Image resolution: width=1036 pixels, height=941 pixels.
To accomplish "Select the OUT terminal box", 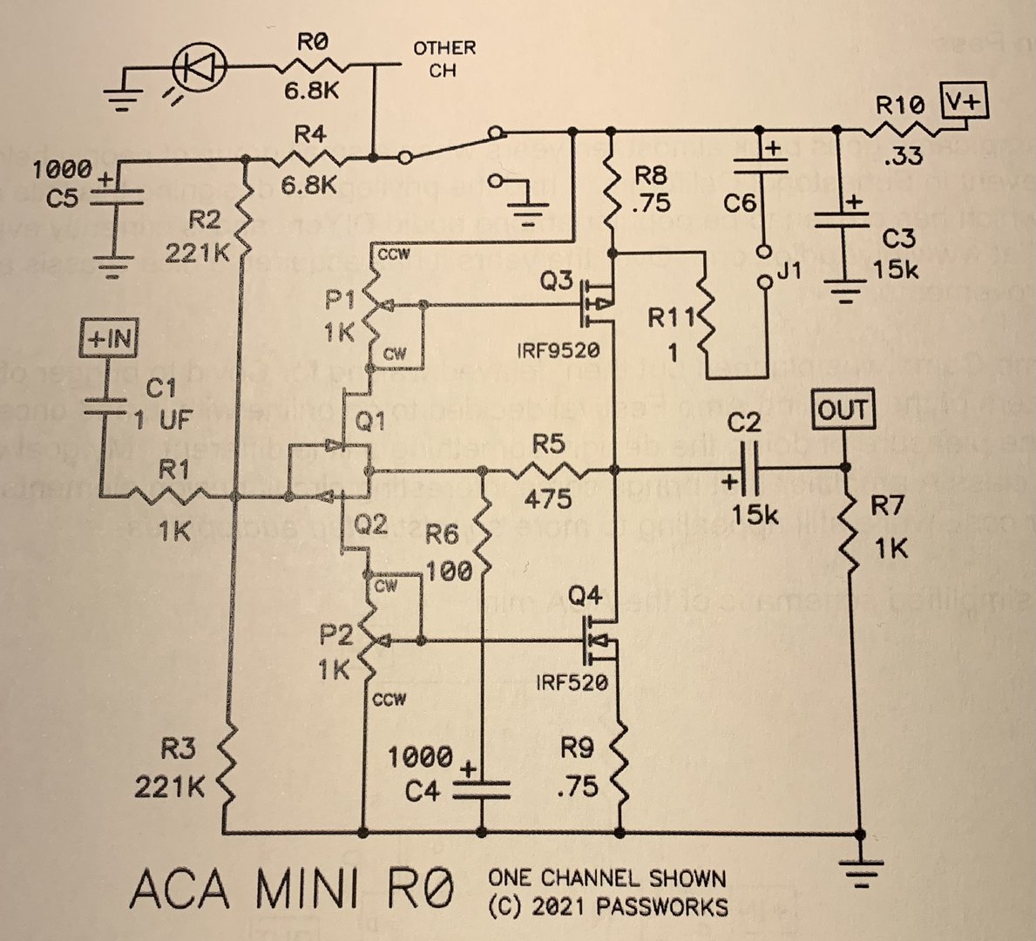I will (843, 410).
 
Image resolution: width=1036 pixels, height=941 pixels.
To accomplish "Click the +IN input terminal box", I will (111, 339).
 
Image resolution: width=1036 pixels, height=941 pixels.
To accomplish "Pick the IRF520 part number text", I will (572, 681).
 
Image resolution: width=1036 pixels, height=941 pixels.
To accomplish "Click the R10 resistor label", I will (900, 106).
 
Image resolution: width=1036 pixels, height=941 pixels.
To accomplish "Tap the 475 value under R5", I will (549, 498).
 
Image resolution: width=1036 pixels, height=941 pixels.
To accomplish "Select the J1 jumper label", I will (788, 271).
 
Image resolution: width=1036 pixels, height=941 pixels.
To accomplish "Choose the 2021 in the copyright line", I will (559, 906).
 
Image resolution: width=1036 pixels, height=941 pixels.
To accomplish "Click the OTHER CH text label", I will (444, 58).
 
